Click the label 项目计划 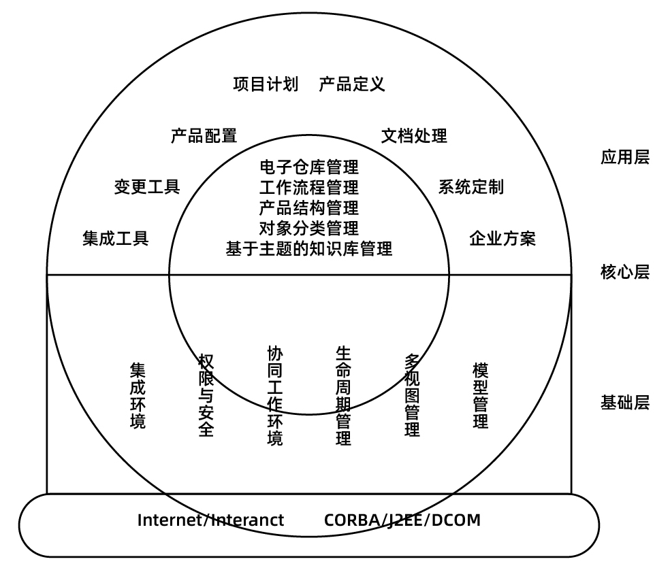[266, 84]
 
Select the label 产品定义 [351, 84]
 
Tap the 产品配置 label [204, 136]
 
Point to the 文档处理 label [414, 136]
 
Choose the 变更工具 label [147, 187]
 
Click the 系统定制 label [471, 187]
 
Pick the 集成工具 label [115, 238]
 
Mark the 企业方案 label [502, 238]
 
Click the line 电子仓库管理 [309, 167]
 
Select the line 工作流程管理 [309, 188]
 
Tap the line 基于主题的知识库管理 [309, 249]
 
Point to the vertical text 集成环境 [138, 396]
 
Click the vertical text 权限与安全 [206, 395]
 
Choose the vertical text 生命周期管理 [343, 396]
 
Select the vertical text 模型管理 [480, 396]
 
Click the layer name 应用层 [625, 157]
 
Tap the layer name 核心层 [625, 272]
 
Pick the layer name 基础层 [625, 403]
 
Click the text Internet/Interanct [210, 520]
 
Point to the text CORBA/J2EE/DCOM [402, 520]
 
